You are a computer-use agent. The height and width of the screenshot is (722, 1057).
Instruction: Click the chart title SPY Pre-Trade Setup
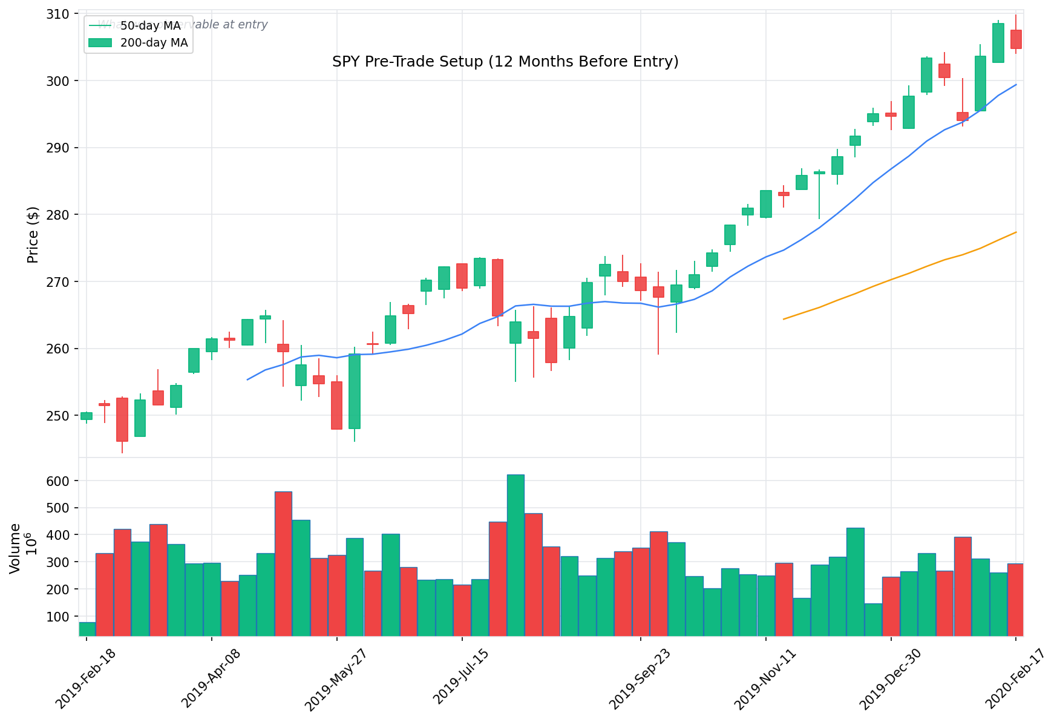[x=505, y=62]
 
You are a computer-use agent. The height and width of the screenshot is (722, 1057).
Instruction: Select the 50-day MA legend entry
[x=150, y=25]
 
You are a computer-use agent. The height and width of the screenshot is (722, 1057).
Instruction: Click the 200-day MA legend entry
[x=154, y=43]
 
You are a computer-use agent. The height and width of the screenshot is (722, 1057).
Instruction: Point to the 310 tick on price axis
[x=58, y=13]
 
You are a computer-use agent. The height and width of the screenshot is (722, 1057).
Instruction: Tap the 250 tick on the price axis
[x=58, y=416]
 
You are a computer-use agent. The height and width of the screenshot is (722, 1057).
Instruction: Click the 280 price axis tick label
[x=58, y=215]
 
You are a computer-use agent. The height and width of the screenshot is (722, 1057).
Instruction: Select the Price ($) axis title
[x=33, y=235]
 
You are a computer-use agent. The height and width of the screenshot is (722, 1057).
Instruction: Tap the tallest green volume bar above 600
[x=515, y=555]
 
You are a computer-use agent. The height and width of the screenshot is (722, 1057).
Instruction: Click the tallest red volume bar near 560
[x=283, y=563]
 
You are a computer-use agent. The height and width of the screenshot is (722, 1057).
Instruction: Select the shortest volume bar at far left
[x=87, y=629]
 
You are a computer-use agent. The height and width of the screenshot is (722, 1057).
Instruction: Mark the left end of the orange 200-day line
[x=784, y=319]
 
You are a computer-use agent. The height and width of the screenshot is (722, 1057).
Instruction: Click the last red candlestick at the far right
[x=1016, y=39]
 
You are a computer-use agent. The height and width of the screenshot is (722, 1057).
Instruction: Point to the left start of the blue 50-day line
[x=247, y=379]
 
